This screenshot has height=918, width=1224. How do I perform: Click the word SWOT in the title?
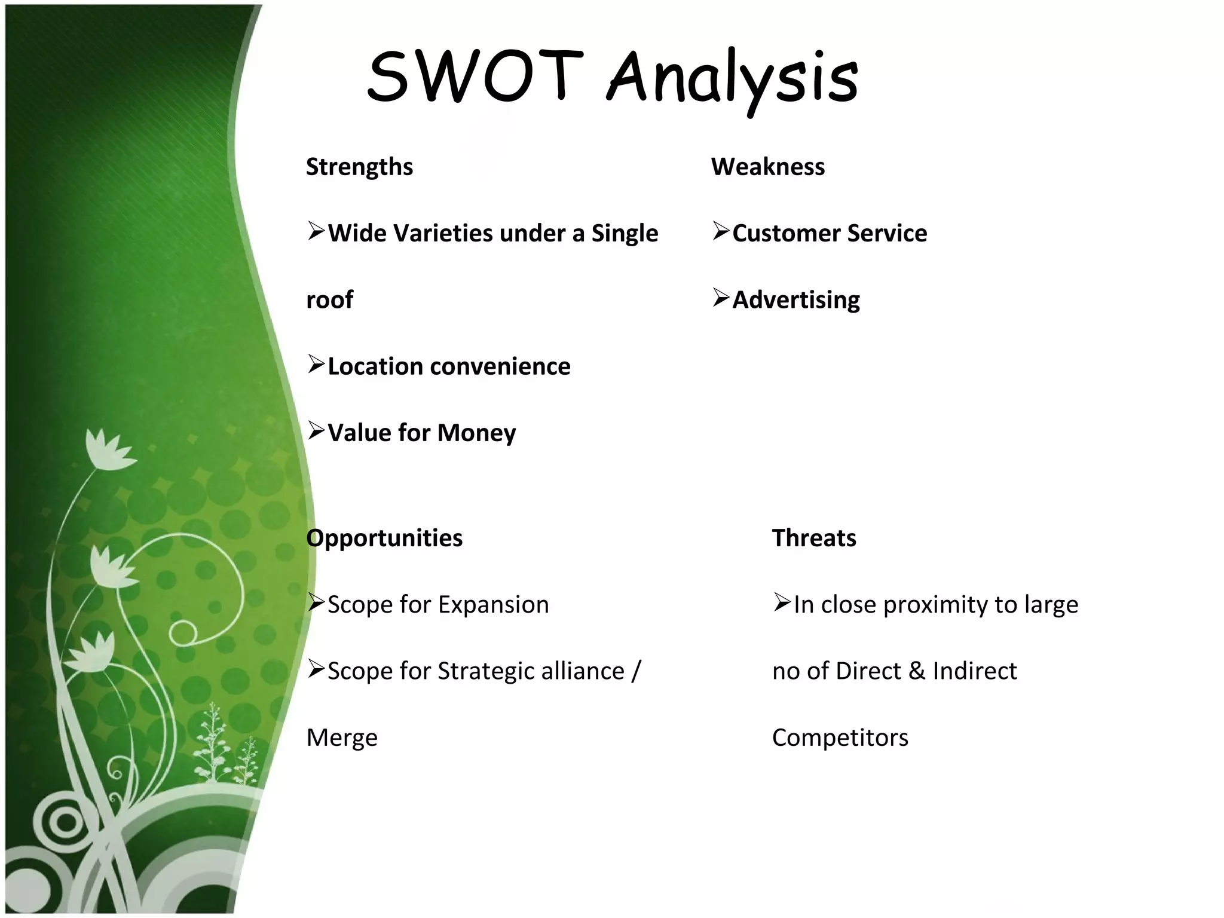click(475, 76)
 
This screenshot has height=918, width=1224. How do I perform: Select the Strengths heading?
click(359, 167)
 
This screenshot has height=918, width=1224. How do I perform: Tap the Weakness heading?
click(767, 167)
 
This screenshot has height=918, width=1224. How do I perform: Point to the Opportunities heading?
click(384, 538)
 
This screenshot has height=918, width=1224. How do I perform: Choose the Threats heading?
click(814, 538)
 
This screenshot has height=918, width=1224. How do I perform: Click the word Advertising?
click(796, 300)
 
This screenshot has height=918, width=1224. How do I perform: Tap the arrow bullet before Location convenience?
click(316, 363)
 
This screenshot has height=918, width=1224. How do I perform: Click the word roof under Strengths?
click(329, 300)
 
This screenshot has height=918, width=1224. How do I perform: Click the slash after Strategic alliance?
click(636, 671)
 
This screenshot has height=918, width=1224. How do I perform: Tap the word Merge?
click(342, 738)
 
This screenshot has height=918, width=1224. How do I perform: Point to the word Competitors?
click(840, 738)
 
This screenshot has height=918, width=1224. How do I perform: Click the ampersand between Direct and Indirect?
click(916, 671)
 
